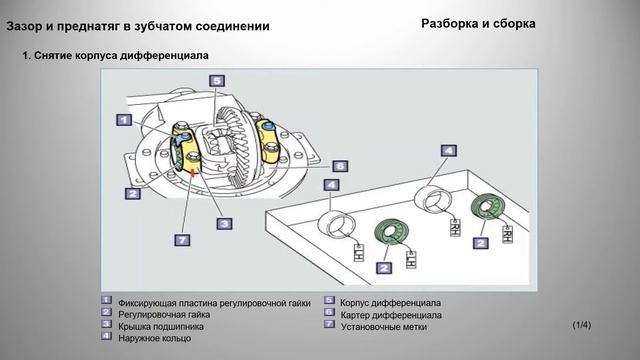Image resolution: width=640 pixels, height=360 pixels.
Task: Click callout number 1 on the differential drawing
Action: point(122,121)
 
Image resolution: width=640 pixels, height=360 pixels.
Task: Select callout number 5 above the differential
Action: point(217,81)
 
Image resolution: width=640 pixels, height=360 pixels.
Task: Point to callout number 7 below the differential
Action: point(181,241)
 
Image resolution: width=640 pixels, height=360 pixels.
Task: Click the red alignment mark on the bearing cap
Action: point(193,172)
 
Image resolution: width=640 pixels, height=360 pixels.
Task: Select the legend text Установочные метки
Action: point(384,326)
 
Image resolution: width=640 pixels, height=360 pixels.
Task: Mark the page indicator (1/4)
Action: point(582,325)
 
